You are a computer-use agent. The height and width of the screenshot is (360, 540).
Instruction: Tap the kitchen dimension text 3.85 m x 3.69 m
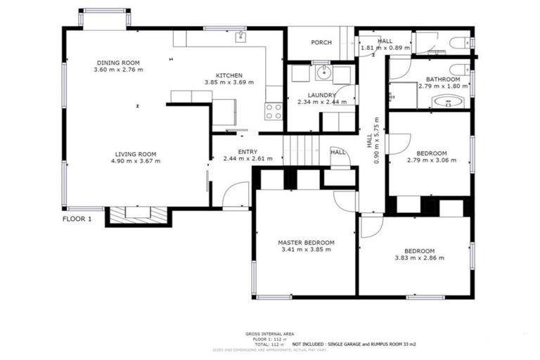[x=229, y=82]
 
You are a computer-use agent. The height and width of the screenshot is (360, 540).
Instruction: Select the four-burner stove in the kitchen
[x=274, y=111]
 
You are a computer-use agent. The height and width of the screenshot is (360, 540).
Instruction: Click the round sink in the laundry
[x=323, y=72]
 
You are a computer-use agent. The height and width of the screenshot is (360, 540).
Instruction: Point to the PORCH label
[x=321, y=43]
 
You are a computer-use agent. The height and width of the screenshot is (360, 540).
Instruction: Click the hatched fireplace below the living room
[x=137, y=214]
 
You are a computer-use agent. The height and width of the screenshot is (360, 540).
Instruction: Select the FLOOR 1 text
[x=77, y=219]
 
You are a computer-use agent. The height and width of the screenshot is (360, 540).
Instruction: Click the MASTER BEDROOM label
[x=305, y=243]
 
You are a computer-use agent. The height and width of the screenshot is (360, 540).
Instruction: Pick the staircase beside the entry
[x=296, y=150]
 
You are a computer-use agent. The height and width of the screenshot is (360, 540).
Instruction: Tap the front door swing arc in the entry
[x=236, y=195]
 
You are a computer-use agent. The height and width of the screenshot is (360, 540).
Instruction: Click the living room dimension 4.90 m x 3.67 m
[x=136, y=161]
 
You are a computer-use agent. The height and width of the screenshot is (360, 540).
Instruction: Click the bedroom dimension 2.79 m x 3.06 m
[x=431, y=160]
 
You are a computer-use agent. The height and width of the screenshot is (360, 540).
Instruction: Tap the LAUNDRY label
[x=321, y=95]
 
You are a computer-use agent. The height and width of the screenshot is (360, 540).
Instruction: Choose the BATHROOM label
[x=442, y=79]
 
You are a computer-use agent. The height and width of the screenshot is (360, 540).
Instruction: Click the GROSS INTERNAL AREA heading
[x=270, y=333]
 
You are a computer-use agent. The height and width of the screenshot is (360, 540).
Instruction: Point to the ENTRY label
[x=247, y=151]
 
